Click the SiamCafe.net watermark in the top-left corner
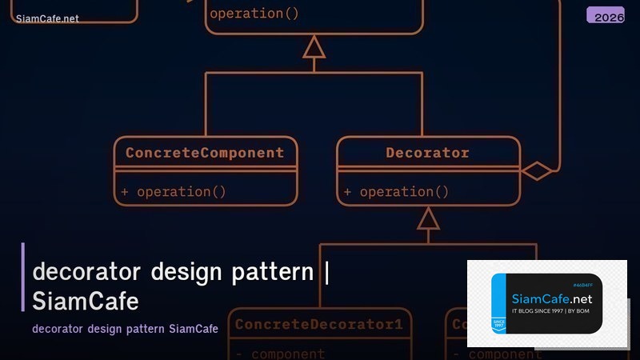(47, 18)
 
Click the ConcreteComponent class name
(205, 152)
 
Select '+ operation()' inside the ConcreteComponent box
(174, 191)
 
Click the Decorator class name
(427, 152)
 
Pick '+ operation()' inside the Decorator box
(396, 191)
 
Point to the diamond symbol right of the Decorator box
(536, 170)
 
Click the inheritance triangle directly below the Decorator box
(429, 218)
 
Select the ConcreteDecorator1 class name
(319, 325)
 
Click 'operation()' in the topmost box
(254, 14)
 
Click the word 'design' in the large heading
(187, 272)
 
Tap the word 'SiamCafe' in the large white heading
(86, 301)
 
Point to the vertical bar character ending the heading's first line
(327, 272)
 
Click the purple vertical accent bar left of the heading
(23, 277)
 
